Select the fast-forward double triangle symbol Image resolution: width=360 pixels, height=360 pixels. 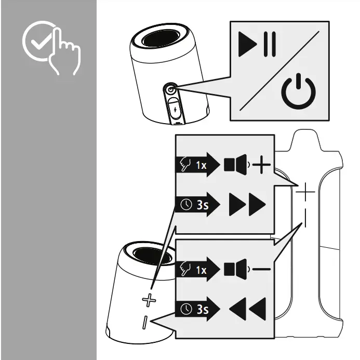[x=247, y=205]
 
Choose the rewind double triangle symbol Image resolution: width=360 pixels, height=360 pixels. [x=247, y=310]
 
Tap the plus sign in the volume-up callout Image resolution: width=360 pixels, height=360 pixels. [x=262, y=166]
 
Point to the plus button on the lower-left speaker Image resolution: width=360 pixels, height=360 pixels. [x=149, y=300]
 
